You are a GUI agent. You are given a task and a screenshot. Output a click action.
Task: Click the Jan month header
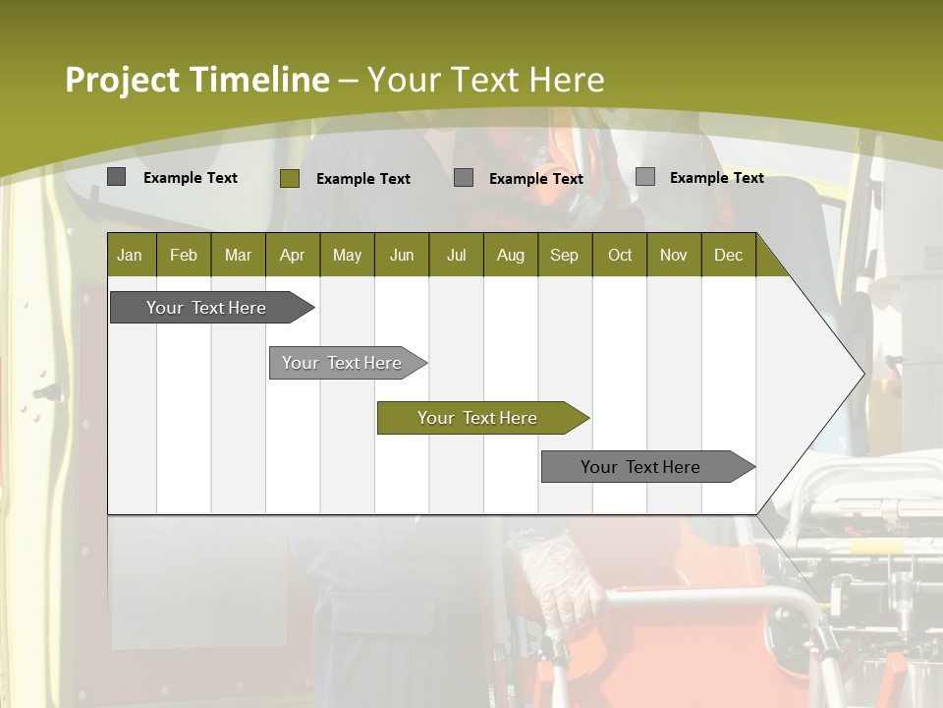coord(131,255)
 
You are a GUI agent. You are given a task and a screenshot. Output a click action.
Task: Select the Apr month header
coord(293,255)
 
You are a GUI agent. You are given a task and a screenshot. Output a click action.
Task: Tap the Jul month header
coord(456,255)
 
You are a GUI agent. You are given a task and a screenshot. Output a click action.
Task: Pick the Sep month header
coord(565,255)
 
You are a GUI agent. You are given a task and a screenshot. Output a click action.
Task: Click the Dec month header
coord(728,255)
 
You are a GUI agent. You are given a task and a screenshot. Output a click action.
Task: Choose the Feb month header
coord(184,255)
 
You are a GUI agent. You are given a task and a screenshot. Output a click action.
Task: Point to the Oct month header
coord(619,255)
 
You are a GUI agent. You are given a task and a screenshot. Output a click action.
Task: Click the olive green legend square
coord(289,178)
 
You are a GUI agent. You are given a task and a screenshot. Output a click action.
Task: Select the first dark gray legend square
coord(116,177)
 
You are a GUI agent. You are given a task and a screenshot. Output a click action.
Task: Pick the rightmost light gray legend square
coord(644,177)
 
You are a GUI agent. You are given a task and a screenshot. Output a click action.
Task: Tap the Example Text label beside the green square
coord(363,179)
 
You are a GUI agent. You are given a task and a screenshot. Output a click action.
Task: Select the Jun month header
coord(401,255)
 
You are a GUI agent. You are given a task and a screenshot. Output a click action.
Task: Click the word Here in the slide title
coord(567,80)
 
